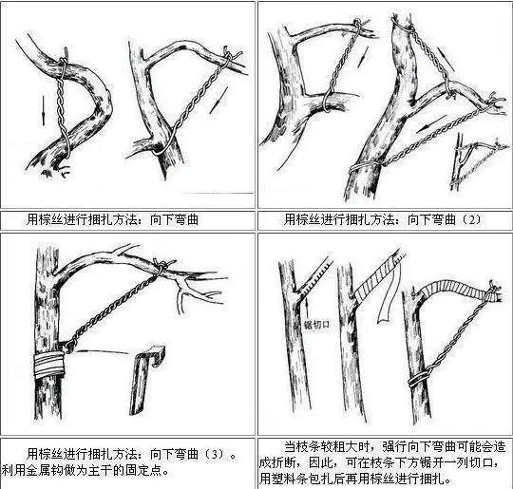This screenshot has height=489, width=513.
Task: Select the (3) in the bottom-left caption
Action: (218, 442)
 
